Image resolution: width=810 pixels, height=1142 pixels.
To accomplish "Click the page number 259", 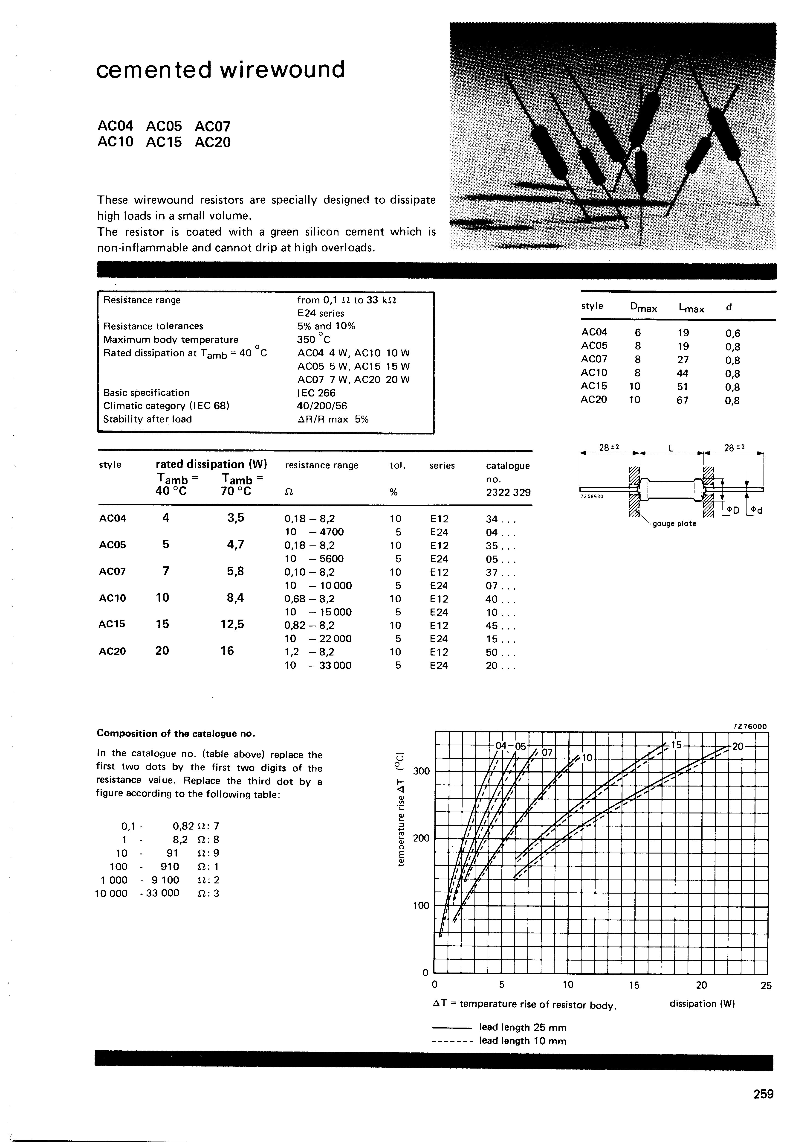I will (x=763, y=1094).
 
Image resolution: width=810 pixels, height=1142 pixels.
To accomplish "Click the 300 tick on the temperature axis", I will (x=422, y=771).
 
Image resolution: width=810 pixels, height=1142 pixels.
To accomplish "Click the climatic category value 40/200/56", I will (x=322, y=406).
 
